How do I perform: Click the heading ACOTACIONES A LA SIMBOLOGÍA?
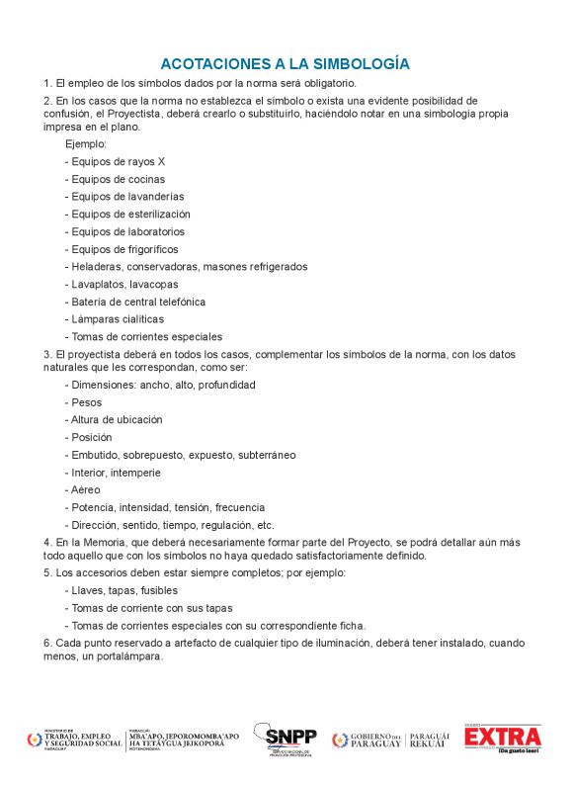[x=285, y=64]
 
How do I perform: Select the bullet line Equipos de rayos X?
[x=115, y=161]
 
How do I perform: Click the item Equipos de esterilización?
[x=127, y=215]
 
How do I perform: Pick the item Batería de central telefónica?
[x=134, y=302]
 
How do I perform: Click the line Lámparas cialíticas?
[x=115, y=319]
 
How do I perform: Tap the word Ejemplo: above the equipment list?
[x=86, y=144]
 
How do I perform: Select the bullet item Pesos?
[x=84, y=402]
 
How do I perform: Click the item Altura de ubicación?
[x=114, y=420]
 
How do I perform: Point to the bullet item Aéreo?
[x=83, y=490]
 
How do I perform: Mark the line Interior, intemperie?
[x=113, y=473]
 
